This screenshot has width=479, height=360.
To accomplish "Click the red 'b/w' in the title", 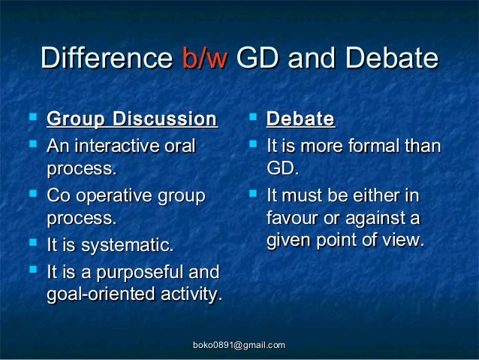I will (x=203, y=59).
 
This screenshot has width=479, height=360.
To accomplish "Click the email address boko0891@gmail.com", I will (x=239, y=344).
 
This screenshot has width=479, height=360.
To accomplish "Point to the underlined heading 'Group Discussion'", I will (x=131, y=119).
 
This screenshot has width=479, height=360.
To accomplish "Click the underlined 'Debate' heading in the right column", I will (x=300, y=119).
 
